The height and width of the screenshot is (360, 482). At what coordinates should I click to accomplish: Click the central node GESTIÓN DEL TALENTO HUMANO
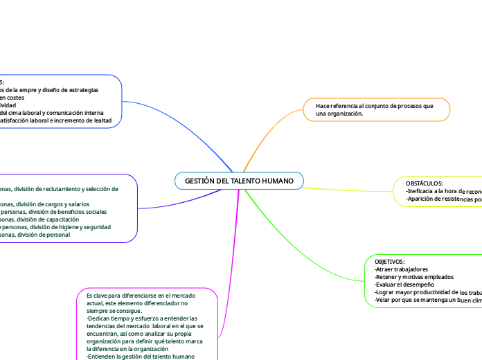click(x=239, y=181)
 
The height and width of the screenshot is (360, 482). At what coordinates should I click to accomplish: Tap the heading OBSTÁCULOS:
click(x=425, y=183)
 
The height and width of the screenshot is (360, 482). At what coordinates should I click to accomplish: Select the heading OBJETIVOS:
click(x=390, y=262)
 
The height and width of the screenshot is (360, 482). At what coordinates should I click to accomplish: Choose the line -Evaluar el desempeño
click(x=404, y=285)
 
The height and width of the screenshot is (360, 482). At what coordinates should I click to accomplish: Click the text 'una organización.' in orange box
click(x=339, y=114)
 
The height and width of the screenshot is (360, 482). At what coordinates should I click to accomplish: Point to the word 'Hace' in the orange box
click(x=322, y=106)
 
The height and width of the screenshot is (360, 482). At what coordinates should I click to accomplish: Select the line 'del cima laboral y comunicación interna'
click(x=52, y=113)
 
